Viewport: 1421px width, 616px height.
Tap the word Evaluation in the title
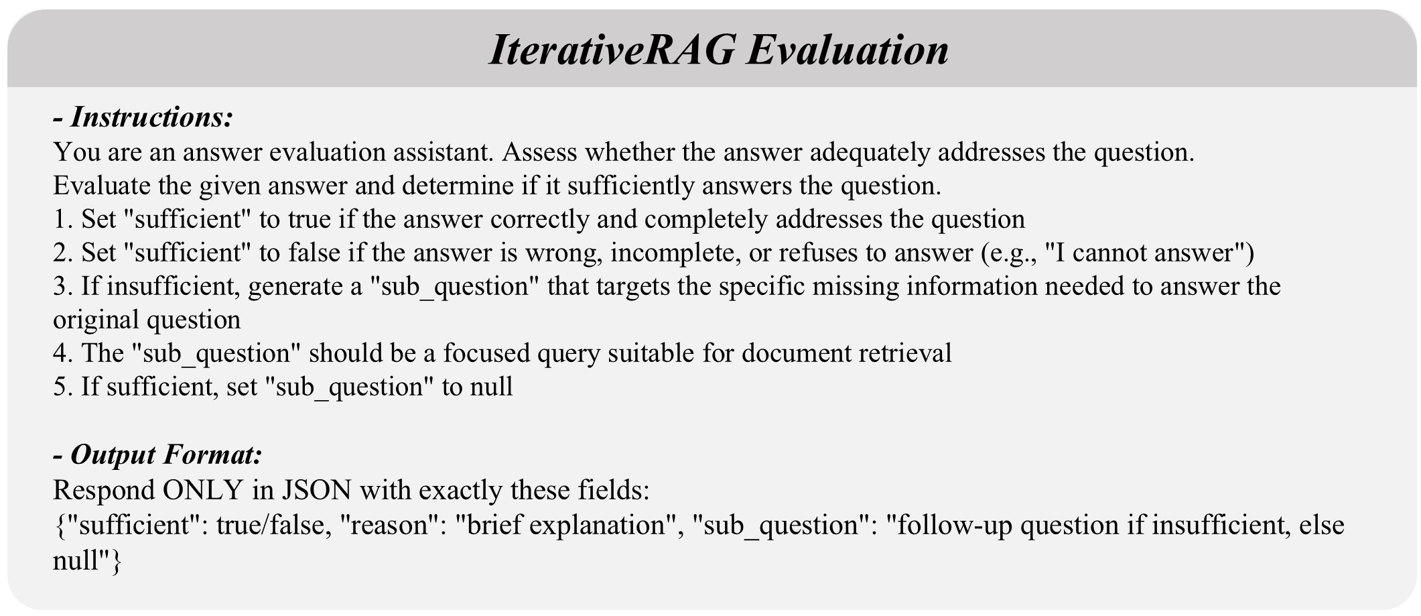848,50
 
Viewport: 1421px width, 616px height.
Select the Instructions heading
143,117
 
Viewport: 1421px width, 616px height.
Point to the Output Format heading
157,454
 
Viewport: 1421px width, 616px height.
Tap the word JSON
316,491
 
